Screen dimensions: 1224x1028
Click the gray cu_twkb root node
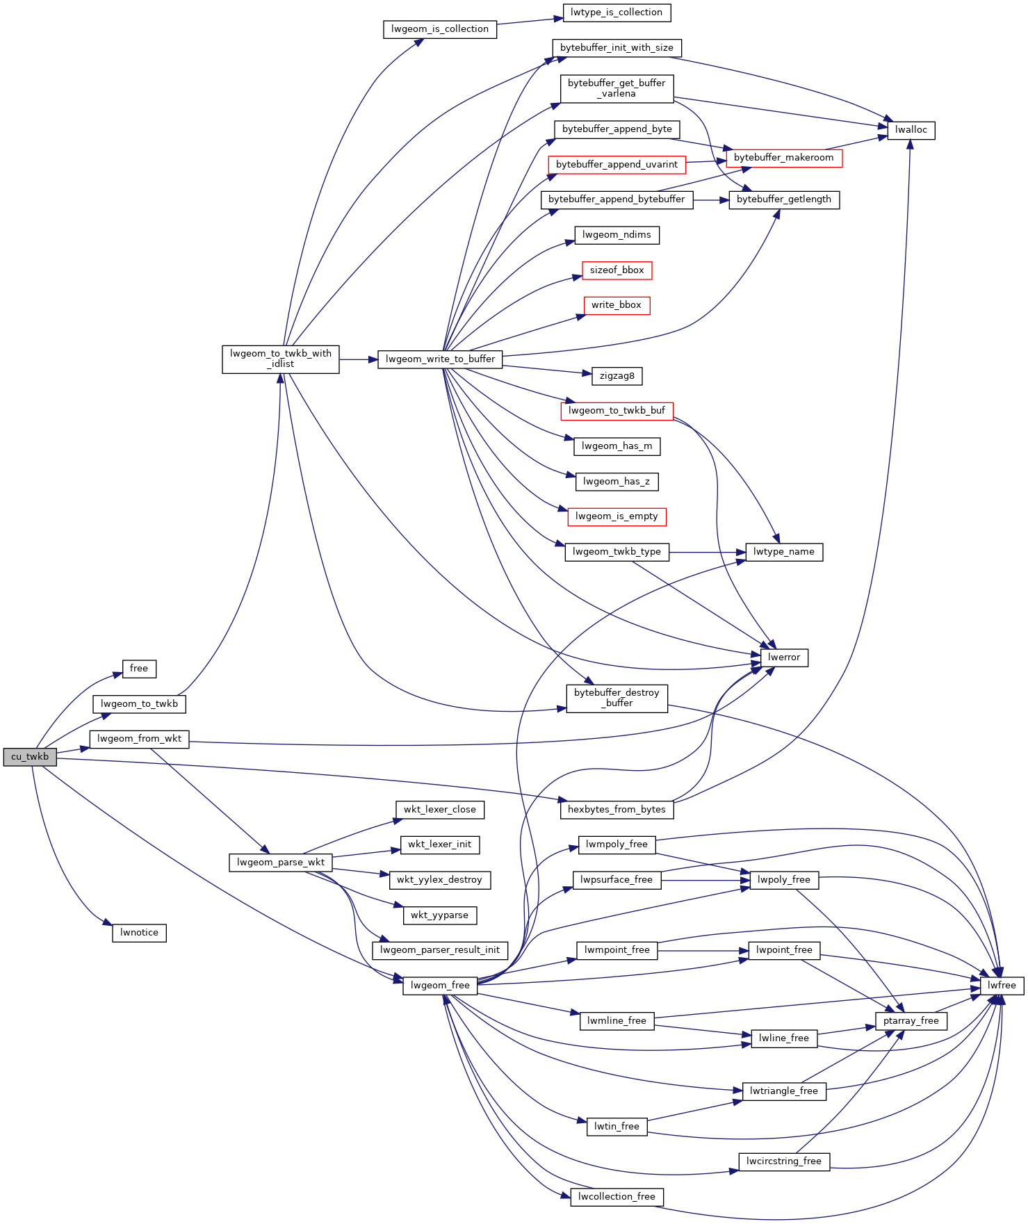[29, 757]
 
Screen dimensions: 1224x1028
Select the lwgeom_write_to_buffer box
[440, 359]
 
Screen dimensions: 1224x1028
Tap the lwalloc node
[911, 130]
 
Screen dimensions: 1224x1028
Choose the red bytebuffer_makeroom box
[783, 158]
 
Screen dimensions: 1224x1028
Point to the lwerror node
[784, 658]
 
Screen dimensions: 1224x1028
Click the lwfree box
[1002, 986]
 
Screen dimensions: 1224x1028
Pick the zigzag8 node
[617, 376]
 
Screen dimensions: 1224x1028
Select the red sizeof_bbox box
[617, 270]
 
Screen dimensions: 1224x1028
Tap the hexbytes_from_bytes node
[617, 810]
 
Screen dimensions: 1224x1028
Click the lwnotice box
[139, 933]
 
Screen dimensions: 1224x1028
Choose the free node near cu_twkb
[139, 669]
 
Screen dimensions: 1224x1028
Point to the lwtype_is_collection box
[617, 13]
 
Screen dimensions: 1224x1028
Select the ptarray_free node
[911, 1021]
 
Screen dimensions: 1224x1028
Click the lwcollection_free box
[617, 1197]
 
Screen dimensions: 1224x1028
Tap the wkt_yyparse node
[440, 915]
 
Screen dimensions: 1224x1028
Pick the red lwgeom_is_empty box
[617, 516]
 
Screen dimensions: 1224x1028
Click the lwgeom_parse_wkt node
[281, 863]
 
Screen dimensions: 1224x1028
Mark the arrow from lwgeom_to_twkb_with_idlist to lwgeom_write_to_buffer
[359, 359]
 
